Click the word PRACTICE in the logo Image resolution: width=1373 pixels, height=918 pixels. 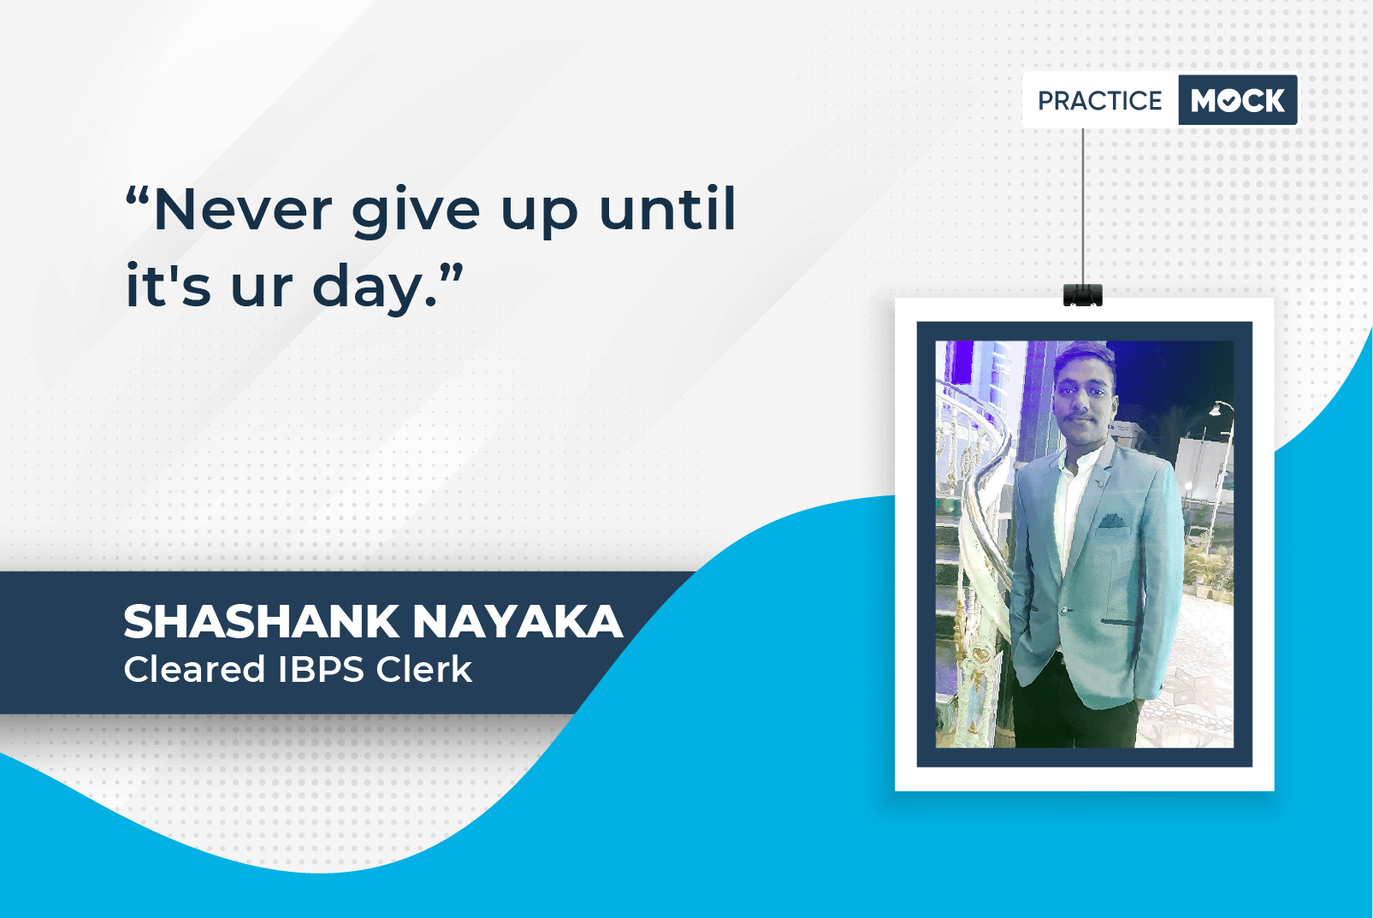tap(1099, 100)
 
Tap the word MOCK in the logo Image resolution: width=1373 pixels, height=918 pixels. tap(1238, 100)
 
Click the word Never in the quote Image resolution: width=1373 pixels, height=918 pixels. tap(243, 210)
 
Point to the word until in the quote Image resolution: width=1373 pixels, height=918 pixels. tap(667, 208)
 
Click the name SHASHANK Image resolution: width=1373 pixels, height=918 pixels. tap(261, 621)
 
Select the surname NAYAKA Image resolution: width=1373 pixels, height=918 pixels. tap(518, 621)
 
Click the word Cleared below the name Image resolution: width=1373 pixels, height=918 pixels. tap(194, 668)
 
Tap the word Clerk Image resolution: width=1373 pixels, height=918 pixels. tap(423, 668)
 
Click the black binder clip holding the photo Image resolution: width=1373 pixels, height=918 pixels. tap(1082, 294)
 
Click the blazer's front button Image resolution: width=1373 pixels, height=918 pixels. tap(1065, 610)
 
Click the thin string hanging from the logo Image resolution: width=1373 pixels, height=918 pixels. tap(1082, 206)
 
